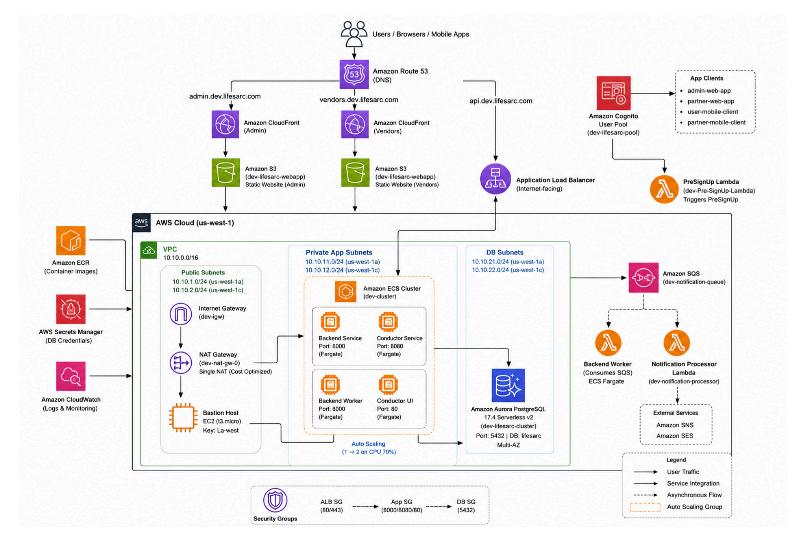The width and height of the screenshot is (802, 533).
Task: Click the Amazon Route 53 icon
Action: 354,74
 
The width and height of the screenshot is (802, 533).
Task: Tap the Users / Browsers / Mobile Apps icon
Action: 354,34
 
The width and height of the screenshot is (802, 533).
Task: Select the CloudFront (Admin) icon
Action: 225,124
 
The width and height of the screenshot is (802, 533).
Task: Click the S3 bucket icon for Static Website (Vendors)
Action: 355,172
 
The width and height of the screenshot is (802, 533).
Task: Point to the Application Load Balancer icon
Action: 495,179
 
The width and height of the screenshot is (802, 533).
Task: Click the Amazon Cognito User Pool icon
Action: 614,93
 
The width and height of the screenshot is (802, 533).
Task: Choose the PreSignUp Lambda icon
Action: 664,189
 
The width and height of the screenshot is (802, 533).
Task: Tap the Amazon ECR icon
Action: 71,241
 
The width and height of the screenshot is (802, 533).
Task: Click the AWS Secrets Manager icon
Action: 71,309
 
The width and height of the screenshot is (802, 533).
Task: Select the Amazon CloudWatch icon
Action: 71,376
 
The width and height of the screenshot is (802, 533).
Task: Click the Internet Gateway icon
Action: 181,314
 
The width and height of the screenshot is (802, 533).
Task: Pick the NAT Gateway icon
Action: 181,363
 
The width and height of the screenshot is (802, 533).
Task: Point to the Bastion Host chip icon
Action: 183,418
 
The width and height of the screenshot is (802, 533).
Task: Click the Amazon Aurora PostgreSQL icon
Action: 508,385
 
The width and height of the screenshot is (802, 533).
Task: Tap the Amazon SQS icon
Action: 643,278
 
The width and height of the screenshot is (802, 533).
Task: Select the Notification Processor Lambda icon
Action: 677,343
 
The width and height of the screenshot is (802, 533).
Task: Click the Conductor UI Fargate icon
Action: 388,385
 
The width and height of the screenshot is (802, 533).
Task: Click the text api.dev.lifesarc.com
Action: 501,101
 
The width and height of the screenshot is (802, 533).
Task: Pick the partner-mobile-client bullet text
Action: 716,122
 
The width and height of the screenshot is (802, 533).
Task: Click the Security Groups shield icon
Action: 275,501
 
